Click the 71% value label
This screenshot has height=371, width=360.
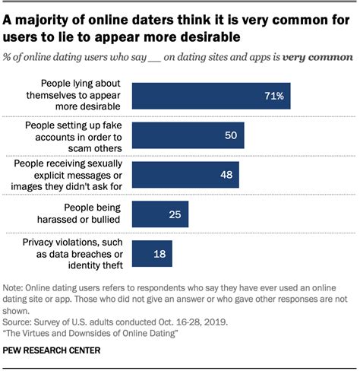coord(274,97)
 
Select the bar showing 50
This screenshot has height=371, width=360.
coord(188,135)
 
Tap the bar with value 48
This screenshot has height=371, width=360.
coord(185,175)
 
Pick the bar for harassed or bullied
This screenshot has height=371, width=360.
coord(159,214)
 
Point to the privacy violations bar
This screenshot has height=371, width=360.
coord(152,253)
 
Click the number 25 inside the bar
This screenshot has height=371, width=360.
coord(174,214)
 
